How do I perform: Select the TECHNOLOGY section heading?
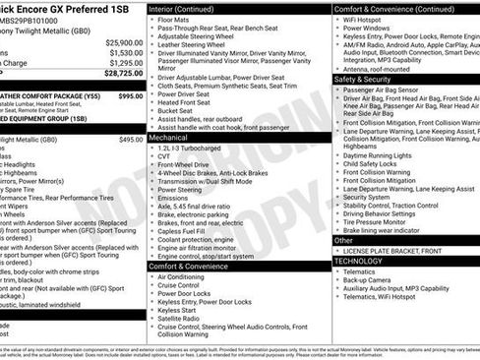tap(357, 260)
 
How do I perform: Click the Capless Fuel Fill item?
tap(185, 230)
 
